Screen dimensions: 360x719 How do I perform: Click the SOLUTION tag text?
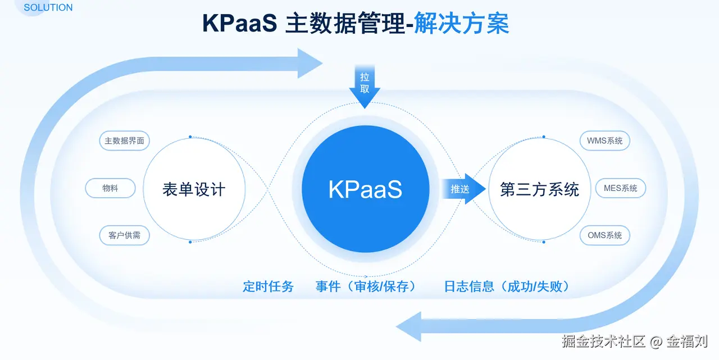(x=48, y=8)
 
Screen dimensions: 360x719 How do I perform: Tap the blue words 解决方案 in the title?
(x=461, y=24)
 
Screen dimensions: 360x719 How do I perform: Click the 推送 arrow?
(x=462, y=189)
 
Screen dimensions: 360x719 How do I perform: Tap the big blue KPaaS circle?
(x=365, y=189)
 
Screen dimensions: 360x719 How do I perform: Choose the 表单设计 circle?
(x=194, y=189)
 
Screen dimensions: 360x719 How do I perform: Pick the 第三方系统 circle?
(x=539, y=189)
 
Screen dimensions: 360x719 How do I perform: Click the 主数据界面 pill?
(x=125, y=141)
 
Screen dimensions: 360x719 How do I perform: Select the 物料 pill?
(x=110, y=188)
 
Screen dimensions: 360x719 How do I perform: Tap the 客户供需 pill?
(x=125, y=235)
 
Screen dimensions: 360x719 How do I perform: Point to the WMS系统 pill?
(x=604, y=141)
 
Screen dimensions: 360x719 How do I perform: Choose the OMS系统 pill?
(x=604, y=235)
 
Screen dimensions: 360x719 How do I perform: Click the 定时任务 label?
(x=268, y=286)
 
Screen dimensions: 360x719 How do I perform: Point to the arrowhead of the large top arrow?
(x=309, y=63)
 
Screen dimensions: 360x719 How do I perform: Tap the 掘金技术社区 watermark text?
(x=604, y=341)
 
